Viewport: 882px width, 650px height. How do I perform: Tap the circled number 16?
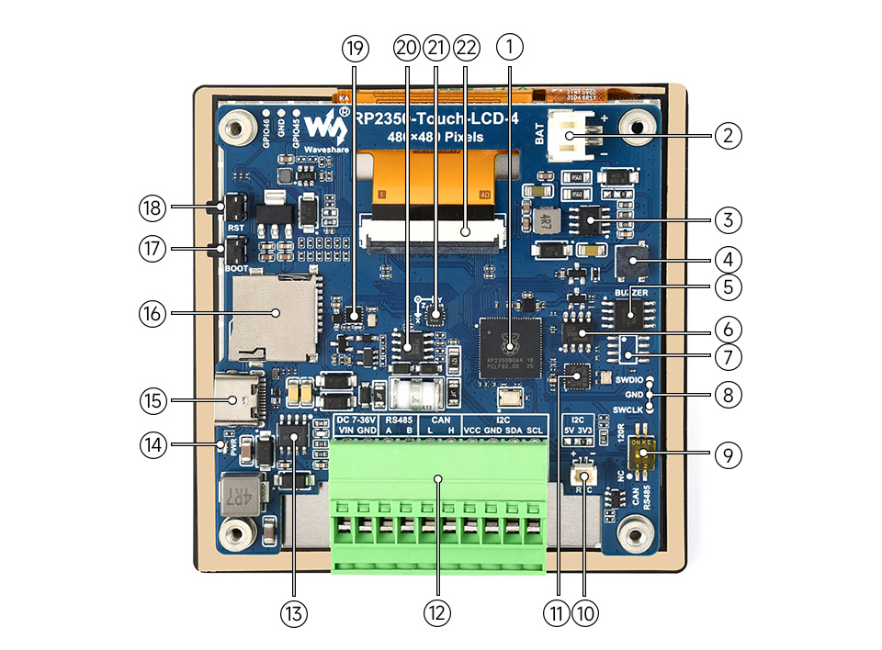point(152,313)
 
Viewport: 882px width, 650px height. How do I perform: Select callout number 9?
point(727,454)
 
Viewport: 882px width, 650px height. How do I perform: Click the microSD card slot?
point(274,315)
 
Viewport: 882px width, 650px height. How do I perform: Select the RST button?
point(234,208)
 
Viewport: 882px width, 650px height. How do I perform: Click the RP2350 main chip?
point(513,342)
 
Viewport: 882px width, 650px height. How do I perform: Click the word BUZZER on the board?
point(631,292)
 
